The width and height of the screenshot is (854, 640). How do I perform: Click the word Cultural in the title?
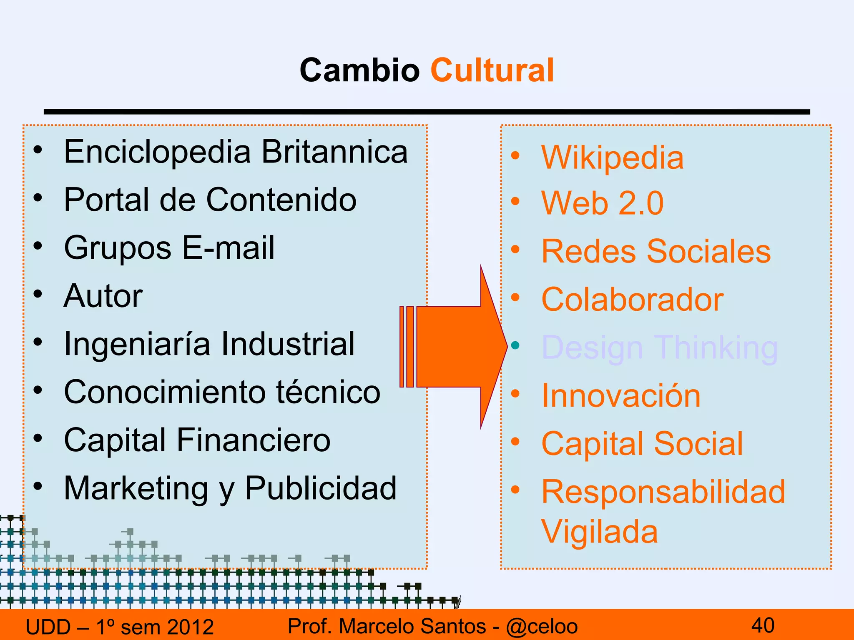click(492, 70)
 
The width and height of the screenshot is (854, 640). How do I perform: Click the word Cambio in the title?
click(359, 70)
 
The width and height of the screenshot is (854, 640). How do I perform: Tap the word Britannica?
click(334, 152)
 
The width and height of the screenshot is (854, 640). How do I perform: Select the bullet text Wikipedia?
click(612, 157)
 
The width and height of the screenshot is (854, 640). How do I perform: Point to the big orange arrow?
click(455, 347)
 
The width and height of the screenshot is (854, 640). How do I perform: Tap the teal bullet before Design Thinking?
click(515, 345)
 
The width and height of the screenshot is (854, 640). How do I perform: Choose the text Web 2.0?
click(602, 203)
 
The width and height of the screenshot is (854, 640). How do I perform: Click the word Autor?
click(103, 296)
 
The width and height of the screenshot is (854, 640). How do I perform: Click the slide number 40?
click(763, 625)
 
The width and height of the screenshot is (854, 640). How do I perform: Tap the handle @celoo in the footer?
click(542, 627)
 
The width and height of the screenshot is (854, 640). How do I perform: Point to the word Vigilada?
click(599, 532)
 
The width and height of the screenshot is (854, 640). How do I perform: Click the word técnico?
click(328, 392)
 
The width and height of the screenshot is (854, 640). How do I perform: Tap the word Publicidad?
click(321, 488)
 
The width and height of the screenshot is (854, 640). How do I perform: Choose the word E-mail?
click(229, 248)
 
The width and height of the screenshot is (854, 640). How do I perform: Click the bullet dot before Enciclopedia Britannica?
click(38, 150)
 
